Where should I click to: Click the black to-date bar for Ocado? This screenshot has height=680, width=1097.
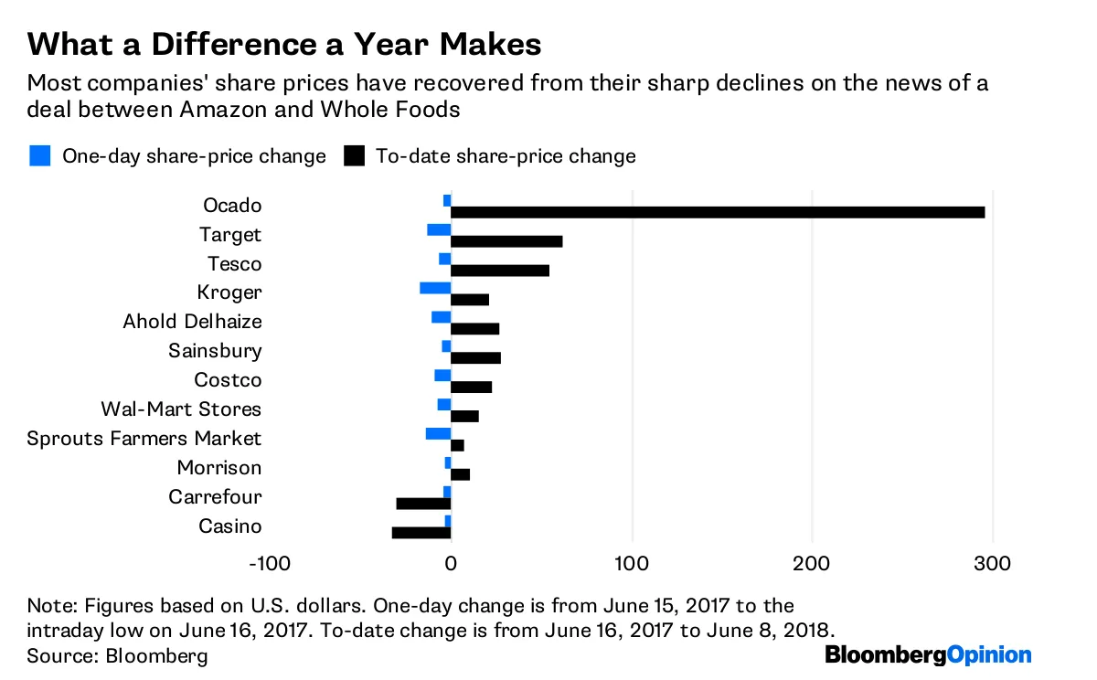(x=718, y=212)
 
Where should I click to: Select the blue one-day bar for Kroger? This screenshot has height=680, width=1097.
(x=435, y=288)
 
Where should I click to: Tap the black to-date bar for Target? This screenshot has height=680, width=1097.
(x=506, y=241)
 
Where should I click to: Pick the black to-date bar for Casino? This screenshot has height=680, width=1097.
(x=421, y=533)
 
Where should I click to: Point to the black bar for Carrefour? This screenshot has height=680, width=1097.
(x=423, y=504)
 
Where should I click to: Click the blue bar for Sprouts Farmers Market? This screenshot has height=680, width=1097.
(x=438, y=433)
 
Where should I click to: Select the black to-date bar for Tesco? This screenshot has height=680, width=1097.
(x=500, y=271)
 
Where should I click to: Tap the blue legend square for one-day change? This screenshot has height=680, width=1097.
(x=39, y=156)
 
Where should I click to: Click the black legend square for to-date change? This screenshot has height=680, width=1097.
(x=354, y=156)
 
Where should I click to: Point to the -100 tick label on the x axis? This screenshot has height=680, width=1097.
(x=270, y=563)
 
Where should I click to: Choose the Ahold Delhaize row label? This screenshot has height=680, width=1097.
(x=192, y=322)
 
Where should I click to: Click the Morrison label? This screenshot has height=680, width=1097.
(x=219, y=468)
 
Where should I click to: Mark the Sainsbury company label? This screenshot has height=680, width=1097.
(x=215, y=351)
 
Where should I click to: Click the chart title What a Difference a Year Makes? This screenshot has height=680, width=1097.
(x=284, y=44)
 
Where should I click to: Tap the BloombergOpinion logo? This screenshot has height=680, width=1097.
(x=928, y=655)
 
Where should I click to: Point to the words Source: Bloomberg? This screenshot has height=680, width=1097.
(x=118, y=656)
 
